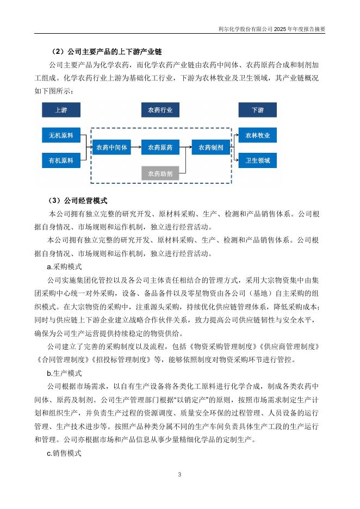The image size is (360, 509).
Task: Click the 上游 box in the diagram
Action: coord(61,110)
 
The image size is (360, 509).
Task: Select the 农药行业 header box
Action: coord(160,110)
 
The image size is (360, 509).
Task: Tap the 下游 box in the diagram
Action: coord(258,110)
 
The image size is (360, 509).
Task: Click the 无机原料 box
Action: coord(61,135)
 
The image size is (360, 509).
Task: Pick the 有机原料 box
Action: coord(61,160)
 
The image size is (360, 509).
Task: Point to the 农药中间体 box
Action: coord(111,147)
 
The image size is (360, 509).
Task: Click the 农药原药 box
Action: coord(160,147)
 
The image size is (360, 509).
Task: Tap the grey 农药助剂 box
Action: coord(160,174)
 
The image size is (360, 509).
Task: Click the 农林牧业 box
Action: coord(258,135)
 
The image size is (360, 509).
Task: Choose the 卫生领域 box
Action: coord(258,160)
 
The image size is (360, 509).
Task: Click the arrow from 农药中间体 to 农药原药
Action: coord(136,147)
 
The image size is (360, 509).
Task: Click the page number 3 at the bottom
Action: coord(179,475)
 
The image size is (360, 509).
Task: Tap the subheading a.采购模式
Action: coord(64,266)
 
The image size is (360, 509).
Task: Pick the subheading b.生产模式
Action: coord(64,373)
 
